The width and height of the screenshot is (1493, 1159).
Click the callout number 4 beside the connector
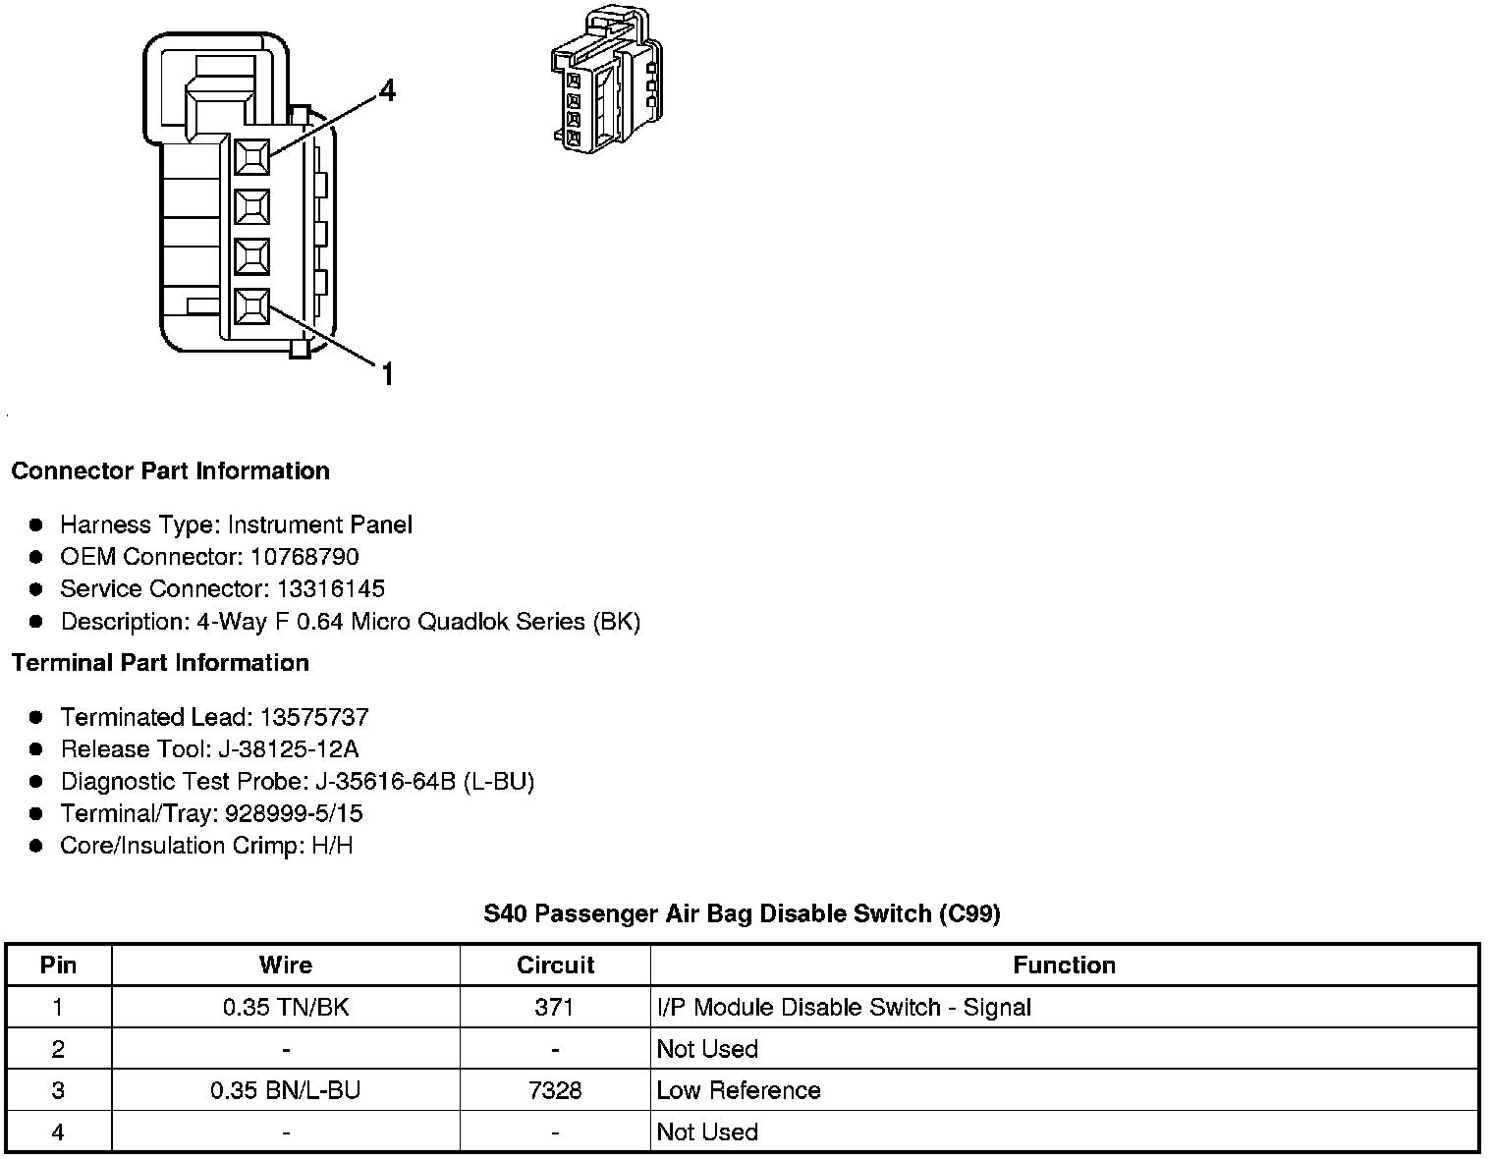(x=387, y=91)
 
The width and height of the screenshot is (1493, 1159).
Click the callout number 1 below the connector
(x=387, y=374)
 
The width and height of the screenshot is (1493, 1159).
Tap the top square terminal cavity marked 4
(x=252, y=156)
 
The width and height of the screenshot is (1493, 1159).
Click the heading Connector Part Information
(x=170, y=470)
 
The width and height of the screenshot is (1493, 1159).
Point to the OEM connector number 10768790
(x=304, y=557)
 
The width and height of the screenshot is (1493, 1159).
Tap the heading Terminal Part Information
(x=160, y=663)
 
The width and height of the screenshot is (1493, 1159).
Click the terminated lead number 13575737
(x=314, y=717)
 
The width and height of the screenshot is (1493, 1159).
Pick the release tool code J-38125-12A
(x=289, y=749)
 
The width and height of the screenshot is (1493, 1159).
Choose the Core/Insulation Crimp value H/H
(x=332, y=846)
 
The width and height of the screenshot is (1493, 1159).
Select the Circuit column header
(x=555, y=965)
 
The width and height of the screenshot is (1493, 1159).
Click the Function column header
(x=1064, y=965)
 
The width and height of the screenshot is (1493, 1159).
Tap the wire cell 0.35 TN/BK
(x=285, y=1007)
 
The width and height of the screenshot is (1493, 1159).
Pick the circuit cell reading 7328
(x=555, y=1090)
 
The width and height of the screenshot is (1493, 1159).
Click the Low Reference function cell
(x=739, y=1090)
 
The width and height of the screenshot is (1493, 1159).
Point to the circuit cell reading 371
(x=555, y=1007)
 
